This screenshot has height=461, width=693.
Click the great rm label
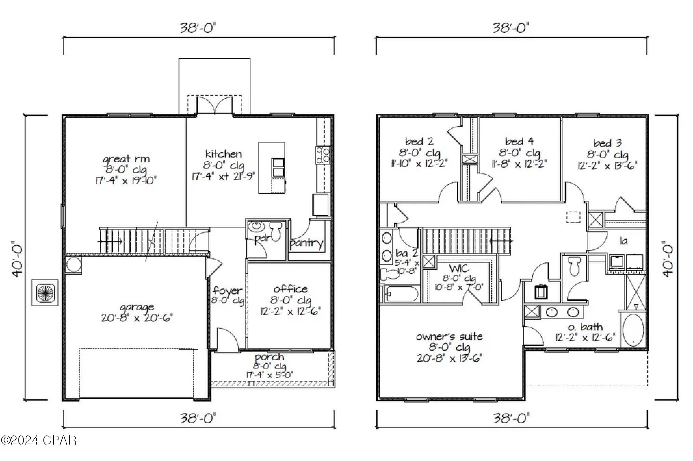click(126, 159)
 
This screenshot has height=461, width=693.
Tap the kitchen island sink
click(278, 167)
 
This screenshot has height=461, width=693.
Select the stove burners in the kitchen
click(323, 155)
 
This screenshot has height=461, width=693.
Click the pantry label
click(306, 243)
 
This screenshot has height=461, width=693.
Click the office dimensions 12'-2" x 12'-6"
click(290, 311)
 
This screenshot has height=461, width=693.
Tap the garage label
click(136, 307)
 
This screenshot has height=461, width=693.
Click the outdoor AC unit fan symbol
click(45, 292)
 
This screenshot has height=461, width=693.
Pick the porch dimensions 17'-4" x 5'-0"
click(269, 375)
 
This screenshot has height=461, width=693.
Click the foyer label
click(227, 291)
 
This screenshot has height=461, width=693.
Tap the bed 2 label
click(419, 141)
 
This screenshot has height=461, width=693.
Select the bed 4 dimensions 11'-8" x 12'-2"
click(519, 164)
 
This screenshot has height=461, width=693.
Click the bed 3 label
click(607, 143)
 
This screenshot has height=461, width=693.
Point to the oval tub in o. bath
click(633, 330)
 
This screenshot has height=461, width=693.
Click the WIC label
click(459, 268)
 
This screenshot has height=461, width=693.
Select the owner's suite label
click(449, 336)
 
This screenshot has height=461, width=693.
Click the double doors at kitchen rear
click(214, 105)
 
